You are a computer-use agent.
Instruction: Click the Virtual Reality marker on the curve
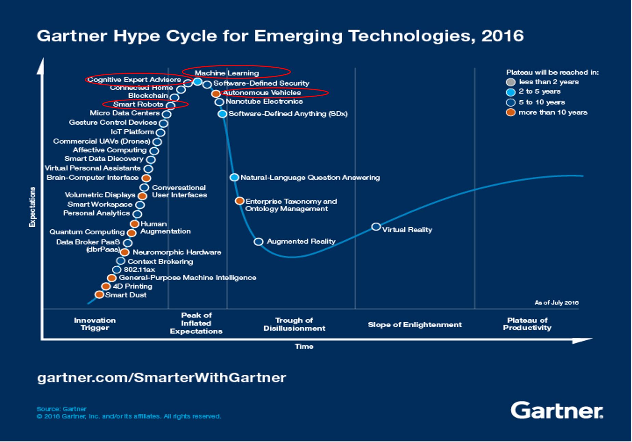click(376, 227)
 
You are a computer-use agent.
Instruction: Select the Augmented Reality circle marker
click(258, 242)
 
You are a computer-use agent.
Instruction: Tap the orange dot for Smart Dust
click(99, 295)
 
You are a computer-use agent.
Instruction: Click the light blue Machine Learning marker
click(198, 82)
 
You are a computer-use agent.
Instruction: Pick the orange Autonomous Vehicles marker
click(216, 94)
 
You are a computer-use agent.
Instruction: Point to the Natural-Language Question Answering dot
click(234, 177)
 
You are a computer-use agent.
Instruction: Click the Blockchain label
click(148, 96)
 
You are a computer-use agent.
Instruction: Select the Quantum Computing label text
click(87, 232)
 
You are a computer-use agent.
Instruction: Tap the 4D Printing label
click(132, 286)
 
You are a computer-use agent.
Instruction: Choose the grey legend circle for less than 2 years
click(510, 82)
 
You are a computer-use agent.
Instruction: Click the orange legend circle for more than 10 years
click(510, 113)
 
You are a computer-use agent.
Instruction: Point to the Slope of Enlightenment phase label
click(415, 325)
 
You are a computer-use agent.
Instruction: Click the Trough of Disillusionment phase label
click(294, 324)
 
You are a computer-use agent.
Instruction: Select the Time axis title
click(304, 346)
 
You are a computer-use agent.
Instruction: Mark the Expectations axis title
click(32, 207)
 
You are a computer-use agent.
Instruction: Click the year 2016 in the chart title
click(502, 36)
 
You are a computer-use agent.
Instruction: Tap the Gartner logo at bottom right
click(557, 410)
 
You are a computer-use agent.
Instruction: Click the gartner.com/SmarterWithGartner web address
click(161, 377)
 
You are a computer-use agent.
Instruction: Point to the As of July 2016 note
click(556, 303)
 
